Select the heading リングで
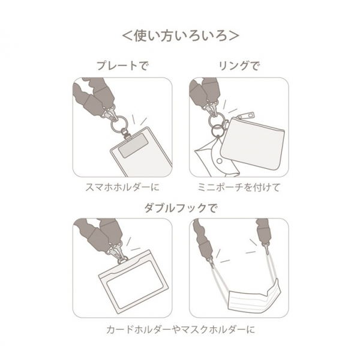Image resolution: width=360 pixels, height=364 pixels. (x=238, y=66)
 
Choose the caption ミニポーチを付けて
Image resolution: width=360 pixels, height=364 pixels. (x=239, y=187)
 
